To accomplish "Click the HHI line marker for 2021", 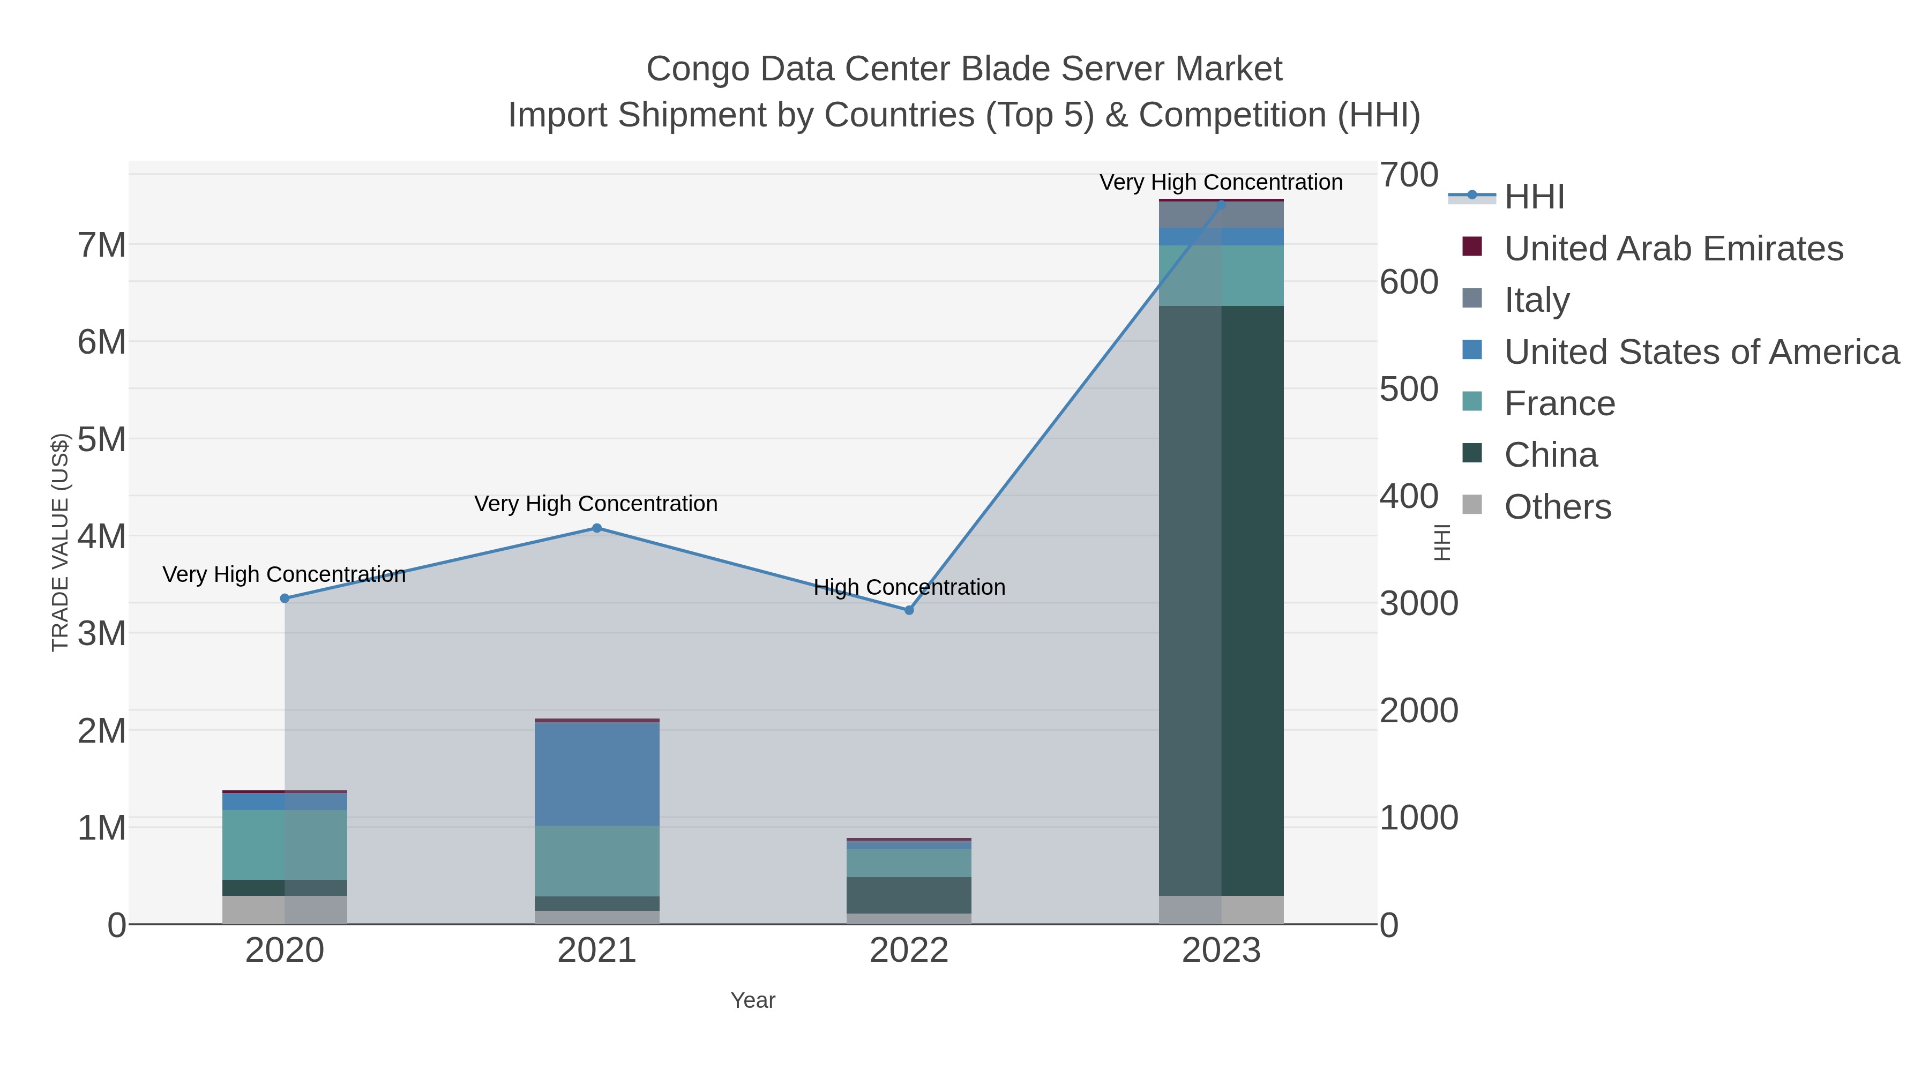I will tap(597, 528).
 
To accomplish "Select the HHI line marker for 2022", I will tap(909, 610).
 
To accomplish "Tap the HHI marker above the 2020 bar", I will tap(285, 598).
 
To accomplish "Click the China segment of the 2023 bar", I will tap(1221, 599).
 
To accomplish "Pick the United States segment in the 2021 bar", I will tap(597, 774).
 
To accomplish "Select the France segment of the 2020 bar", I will tap(285, 844).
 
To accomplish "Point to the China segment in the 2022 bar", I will tap(909, 895).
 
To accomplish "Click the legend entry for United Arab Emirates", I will tap(1673, 249).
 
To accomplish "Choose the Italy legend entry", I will tap(1537, 300).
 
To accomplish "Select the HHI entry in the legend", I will tap(1535, 197).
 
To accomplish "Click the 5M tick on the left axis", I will tap(102, 439).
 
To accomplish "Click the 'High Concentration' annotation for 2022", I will tap(909, 587).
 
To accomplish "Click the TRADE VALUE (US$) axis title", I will tap(60, 542).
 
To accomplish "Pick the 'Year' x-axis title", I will tap(753, 1000).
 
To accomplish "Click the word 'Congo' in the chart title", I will tap(698, 70).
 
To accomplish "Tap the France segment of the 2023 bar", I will tap(1221, 275).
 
